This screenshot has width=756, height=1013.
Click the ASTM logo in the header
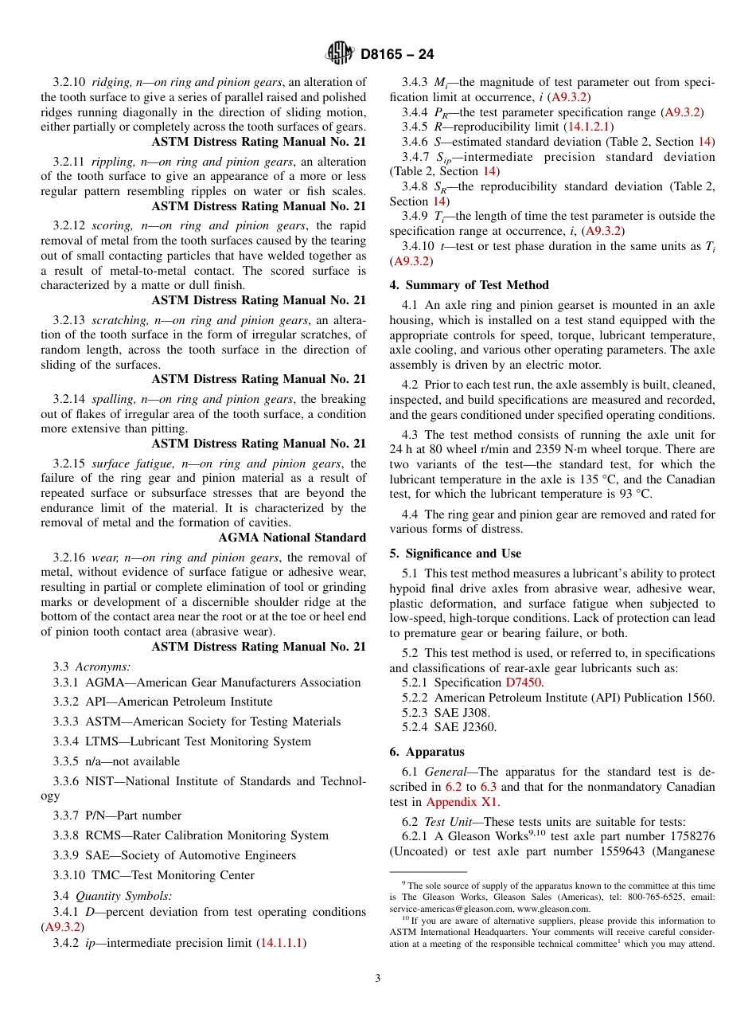click(x=341, y=54)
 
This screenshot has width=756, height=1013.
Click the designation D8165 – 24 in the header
click(x=397, y=55)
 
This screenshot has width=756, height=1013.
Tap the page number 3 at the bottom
click(x=378, y=979)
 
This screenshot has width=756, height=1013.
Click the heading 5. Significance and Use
click(x=455, y=553)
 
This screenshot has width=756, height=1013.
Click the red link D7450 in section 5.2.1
click(x=524, y=683)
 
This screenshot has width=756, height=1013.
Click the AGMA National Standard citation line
click(x=292, y=538)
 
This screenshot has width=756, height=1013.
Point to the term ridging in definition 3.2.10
click(x=111, y=82)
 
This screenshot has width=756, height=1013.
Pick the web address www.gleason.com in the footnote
click(x=553, y=909)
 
